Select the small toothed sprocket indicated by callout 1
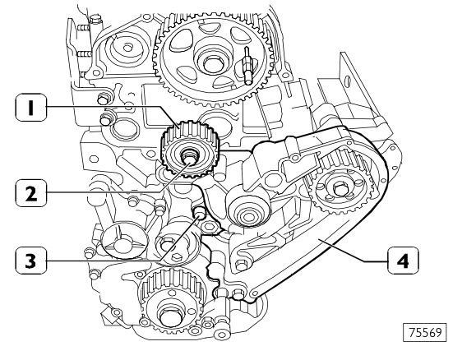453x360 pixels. click(188, 153)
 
